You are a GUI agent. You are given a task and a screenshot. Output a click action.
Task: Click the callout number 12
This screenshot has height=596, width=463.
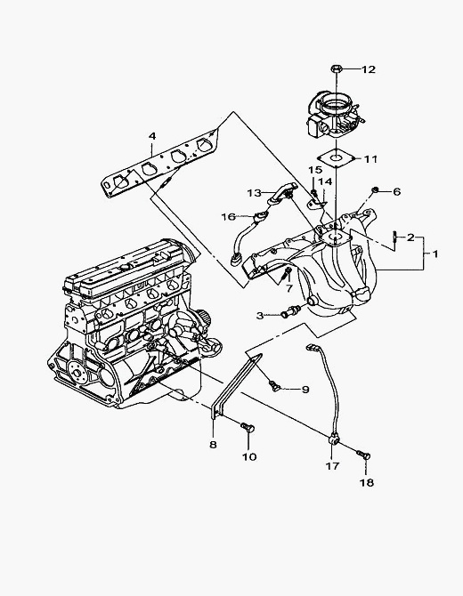click(368, 69)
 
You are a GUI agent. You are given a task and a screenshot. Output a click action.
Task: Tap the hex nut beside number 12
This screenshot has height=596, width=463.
click(337, 69)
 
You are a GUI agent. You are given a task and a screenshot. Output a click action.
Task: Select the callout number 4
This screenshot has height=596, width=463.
click(152, 136)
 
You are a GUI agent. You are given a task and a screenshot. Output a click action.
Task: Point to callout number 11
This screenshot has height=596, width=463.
click(370, 159)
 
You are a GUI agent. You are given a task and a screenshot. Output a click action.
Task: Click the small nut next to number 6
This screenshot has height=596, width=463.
click(375, 189)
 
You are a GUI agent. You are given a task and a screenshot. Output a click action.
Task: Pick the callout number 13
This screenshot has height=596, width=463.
click(255, 193)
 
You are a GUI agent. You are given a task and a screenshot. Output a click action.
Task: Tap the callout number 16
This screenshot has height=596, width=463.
click(228, 217)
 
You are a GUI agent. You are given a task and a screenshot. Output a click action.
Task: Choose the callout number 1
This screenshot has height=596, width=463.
click(435, 254)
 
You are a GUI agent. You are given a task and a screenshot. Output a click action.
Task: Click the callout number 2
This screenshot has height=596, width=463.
click(410, 238)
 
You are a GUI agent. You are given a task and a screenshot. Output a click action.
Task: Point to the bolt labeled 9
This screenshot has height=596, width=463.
click(274, 385)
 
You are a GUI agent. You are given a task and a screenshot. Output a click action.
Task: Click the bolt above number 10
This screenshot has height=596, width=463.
click(248, 427)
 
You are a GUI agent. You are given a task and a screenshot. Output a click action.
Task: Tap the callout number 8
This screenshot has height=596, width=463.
click(213, 445)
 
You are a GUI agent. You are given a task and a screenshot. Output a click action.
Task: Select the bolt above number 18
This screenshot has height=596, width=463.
click(363, 455)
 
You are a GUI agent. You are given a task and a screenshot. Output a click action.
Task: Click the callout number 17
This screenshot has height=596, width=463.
click(332, 465)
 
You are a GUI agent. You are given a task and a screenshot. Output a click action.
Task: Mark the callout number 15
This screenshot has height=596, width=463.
click(315, 170)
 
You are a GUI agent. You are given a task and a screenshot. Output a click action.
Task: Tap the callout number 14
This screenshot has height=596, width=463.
click(325, 181)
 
